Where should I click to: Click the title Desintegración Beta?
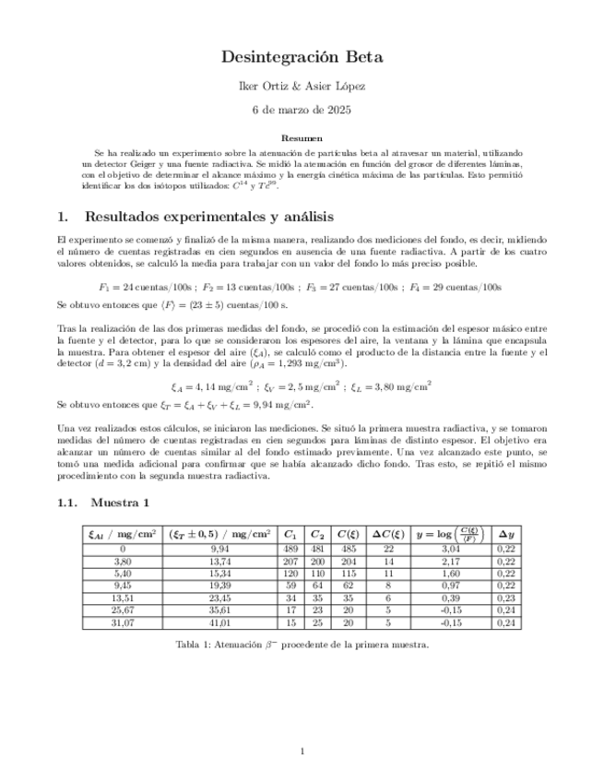coord(302,57)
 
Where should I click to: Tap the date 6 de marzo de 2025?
coord(302,110)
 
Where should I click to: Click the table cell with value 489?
coord(290,548)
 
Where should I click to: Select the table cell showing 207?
coord(290,561)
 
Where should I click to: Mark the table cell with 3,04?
coord(452,548)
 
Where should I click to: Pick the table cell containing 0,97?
coord(452,586)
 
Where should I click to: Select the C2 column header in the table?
coord(317,533)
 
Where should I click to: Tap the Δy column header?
coord(505,533)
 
